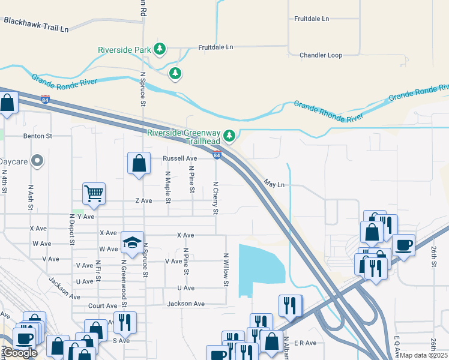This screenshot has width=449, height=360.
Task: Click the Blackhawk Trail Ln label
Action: coord(36,24)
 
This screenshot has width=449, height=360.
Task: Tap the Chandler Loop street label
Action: coord(321,55)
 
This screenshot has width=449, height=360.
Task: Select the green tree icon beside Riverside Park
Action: coord(159,49)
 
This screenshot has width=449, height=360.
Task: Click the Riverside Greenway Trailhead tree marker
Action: coord(229,136)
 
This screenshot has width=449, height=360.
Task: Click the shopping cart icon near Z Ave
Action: coord(94,193)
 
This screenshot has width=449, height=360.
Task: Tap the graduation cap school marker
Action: coord(133,242)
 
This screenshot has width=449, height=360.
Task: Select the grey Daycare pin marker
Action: coord(37,161)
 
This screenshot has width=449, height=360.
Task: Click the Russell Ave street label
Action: coord(180,159)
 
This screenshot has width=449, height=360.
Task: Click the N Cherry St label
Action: coord(215,197)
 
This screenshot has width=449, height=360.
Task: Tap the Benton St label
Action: coord(38,136)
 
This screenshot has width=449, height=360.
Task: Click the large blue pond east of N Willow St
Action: coord(261,267)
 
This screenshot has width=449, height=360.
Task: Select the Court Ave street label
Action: coord(103,305)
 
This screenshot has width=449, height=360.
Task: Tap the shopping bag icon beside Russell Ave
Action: coord(139,163)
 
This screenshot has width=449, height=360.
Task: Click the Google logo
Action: coord(21,353)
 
